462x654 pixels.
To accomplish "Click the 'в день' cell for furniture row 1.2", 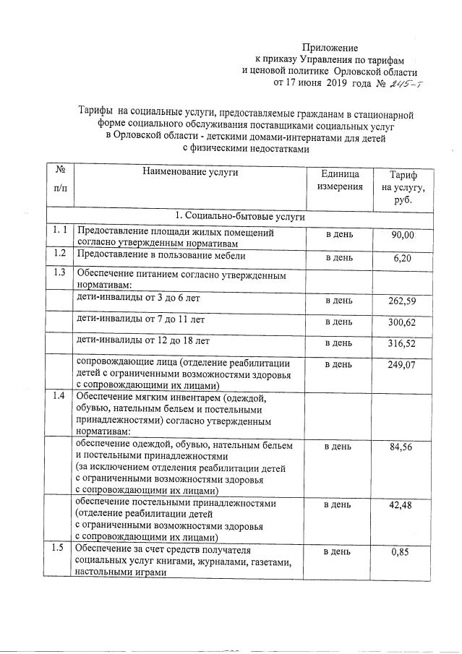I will pos(338,257).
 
